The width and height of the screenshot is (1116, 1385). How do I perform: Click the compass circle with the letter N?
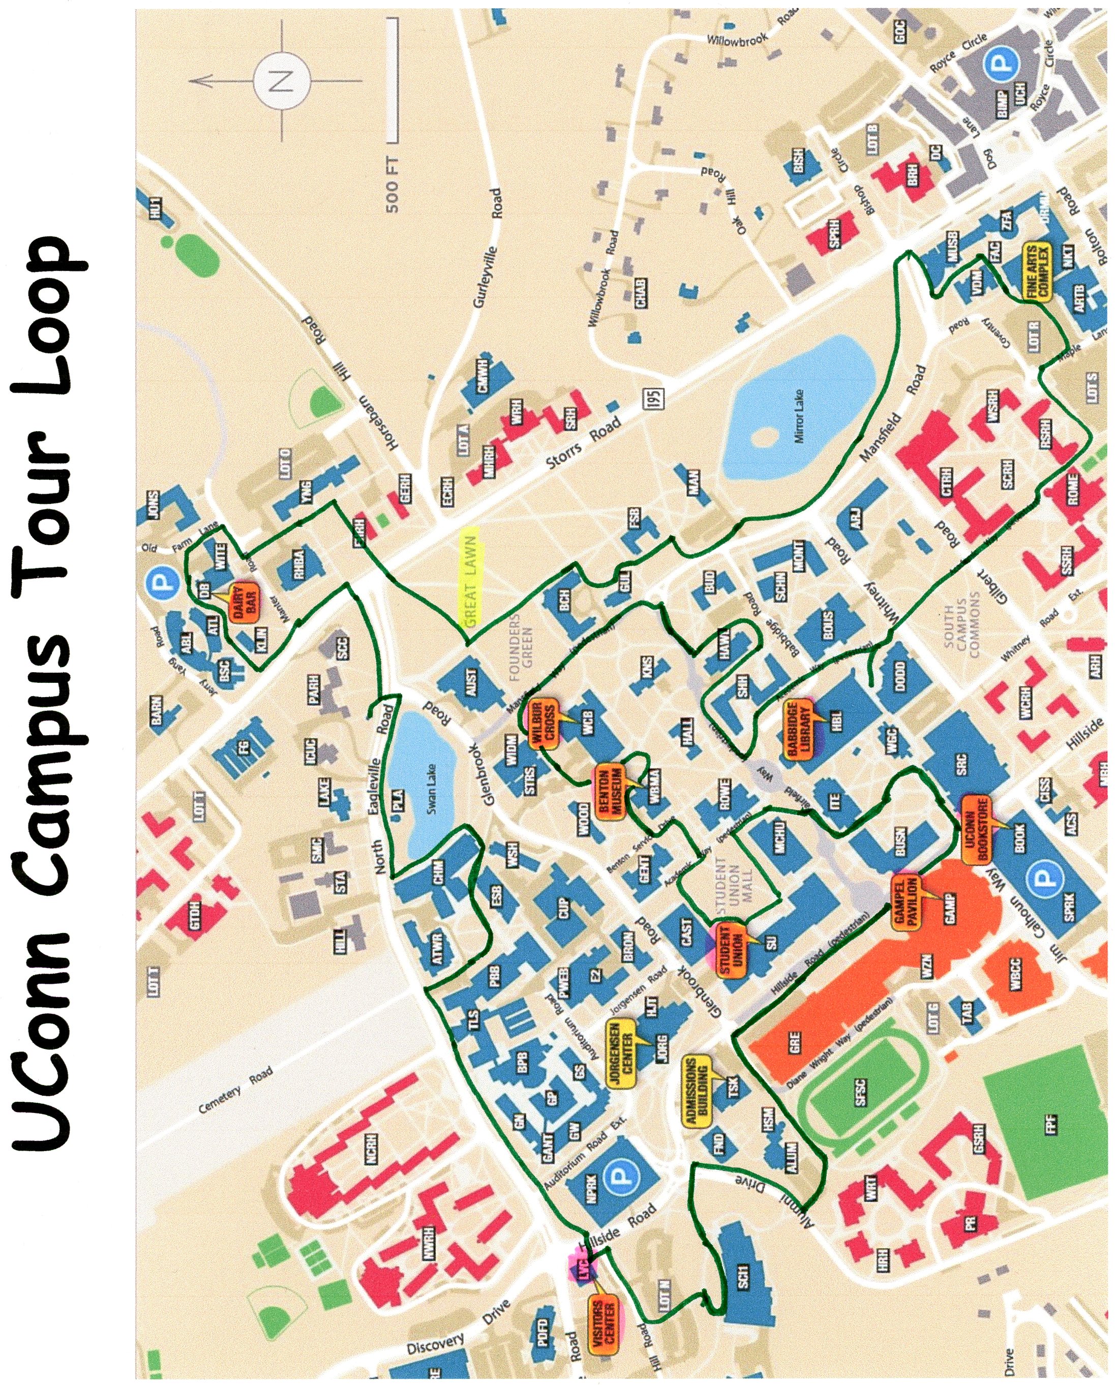pos(282,82)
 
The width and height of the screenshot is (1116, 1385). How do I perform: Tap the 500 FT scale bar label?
pos(391,185)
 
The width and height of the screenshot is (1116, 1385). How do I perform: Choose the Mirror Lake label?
pos(800,426)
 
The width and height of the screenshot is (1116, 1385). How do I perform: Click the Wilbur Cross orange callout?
pos(544,725)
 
